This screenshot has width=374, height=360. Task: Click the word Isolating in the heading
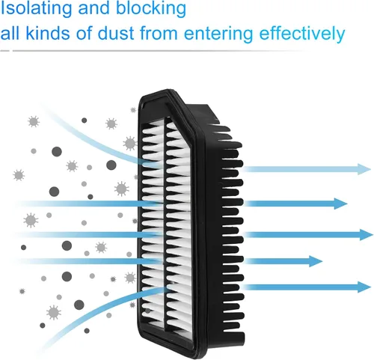click(37, 8)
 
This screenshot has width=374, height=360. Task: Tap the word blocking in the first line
click(151, 8)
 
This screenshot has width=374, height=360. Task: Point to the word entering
click(218, 34)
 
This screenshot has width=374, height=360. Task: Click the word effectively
click(302, 34)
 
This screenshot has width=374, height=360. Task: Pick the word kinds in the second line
click(48, 33)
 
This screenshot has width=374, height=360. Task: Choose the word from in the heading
click(159, 33)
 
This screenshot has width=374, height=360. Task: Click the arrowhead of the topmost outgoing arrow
click(364, 169)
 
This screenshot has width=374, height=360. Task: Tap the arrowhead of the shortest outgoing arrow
click(316, 261)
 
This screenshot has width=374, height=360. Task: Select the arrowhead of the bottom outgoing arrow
click(364, 287)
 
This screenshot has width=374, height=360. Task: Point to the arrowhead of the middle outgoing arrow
click(367, 235)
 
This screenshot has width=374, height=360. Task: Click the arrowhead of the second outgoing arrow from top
click(340, 204)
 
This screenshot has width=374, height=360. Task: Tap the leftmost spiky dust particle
click(19, 175)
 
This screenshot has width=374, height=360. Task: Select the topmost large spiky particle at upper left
click(34, 121)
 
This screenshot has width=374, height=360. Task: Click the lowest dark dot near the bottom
click(87, 331)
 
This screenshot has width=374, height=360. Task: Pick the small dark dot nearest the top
click(85, 120)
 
